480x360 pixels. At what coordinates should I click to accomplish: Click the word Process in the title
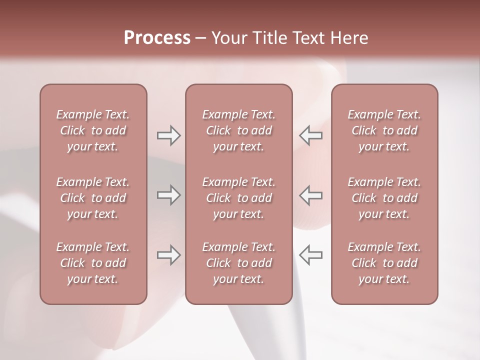pyautogui.click(x=157, y=38)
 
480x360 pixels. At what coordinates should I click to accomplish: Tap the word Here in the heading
pyautogui.click(x=348, y=38)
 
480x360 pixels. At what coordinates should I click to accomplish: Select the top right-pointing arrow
pyautogui.click(x=168, y=135)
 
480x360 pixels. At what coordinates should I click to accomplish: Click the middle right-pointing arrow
pyautogui.click(x=168, y=195)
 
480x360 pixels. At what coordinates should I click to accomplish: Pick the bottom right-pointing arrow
pyautogui.click(x=168, y=255)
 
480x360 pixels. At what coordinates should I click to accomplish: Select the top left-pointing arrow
pyautogui.click(x=311, y=135)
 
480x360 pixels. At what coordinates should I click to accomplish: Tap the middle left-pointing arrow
pyautogui.click(x=311, y=195)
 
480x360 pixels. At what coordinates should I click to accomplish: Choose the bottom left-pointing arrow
pyautogui.click(x=311, y=255)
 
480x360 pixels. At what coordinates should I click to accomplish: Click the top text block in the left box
pyautogui.click(x=93, y=130)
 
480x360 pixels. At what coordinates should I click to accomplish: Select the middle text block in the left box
pyautogui.click(x=93, y=198)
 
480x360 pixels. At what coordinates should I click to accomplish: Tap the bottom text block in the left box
pyautogui.click(x=93, y=263)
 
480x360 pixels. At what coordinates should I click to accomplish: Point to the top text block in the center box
pyautogui.click(x=239, y=130)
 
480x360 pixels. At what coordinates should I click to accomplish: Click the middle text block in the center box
pyautogui.click(x=239, y=198)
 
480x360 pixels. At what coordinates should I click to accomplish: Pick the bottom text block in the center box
pyautogui.click(x=239, y=263)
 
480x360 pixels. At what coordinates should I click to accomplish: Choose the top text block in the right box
pyautogui.click(x=384, y=130)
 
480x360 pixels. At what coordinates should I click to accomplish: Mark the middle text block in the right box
pyautogui.click(x=384, y=198)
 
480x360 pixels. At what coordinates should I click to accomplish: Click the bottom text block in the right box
pyautogui.click(x=384, y=263)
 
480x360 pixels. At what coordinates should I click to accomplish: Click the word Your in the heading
pyautogui.click(x=228, y=38)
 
